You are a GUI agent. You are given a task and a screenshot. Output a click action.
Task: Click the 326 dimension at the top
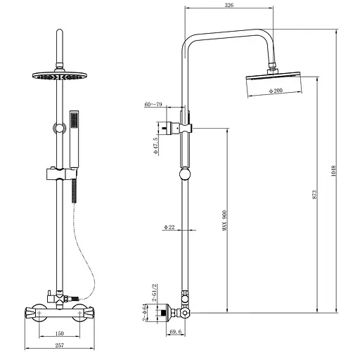point(229,5)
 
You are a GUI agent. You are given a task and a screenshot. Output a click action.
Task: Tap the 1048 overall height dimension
point(333,171)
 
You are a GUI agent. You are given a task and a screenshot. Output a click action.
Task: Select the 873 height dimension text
point(314,195)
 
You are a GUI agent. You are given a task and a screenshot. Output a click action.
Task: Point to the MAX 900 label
point(225,221)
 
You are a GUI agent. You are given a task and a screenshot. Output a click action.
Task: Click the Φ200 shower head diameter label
point(276,91)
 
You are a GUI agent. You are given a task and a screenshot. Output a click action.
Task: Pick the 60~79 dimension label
point(153,104)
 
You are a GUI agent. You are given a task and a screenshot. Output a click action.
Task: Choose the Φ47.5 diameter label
point(156,146)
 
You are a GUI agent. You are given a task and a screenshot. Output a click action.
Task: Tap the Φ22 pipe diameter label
point(169,227)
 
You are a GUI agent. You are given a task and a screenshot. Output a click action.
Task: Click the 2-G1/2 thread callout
point(154,292)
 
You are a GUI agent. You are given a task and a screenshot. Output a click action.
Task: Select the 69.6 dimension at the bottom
point(176,332)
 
